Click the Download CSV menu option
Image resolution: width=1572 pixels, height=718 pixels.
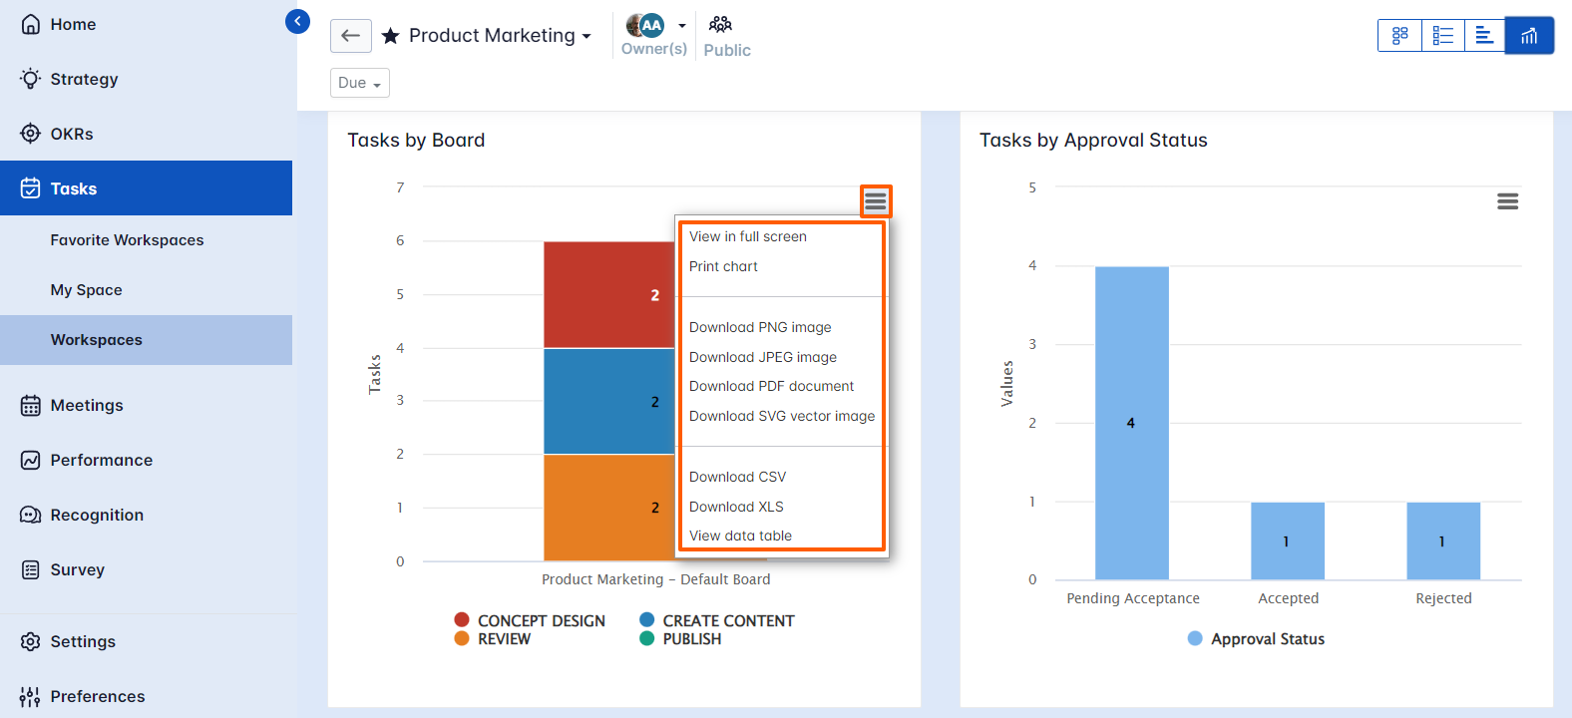tap(737, 477)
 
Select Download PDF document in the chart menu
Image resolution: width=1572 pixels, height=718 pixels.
tap(771, 386)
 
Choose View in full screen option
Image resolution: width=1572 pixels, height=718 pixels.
tap(747, 236)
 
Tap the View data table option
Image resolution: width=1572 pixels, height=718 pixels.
tap(740, 536)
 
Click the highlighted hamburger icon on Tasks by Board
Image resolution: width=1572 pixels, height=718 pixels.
tap(876, 201)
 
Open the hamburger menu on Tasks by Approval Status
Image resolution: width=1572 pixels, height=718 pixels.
tap(1507, 201)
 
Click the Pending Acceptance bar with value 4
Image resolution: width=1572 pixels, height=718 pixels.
tap(1131, 423)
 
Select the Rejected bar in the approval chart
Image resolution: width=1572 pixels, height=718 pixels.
tap(1442, 540)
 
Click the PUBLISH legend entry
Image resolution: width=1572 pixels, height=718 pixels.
tap(691, 639)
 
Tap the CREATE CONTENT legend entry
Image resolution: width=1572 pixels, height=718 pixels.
tap(727, 620)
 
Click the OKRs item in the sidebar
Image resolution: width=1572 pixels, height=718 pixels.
tap(72, 134)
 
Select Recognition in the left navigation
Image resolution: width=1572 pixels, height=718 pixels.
tap(97, 515)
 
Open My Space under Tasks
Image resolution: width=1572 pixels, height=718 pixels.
tap(87, 290)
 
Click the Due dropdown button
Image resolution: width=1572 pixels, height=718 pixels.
tap(359, 83)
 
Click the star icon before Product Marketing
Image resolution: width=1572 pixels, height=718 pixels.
tap(391, 36)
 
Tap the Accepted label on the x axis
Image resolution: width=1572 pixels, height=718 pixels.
tap(1288, 598)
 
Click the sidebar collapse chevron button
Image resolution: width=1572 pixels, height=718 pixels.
tap(297, 21)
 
